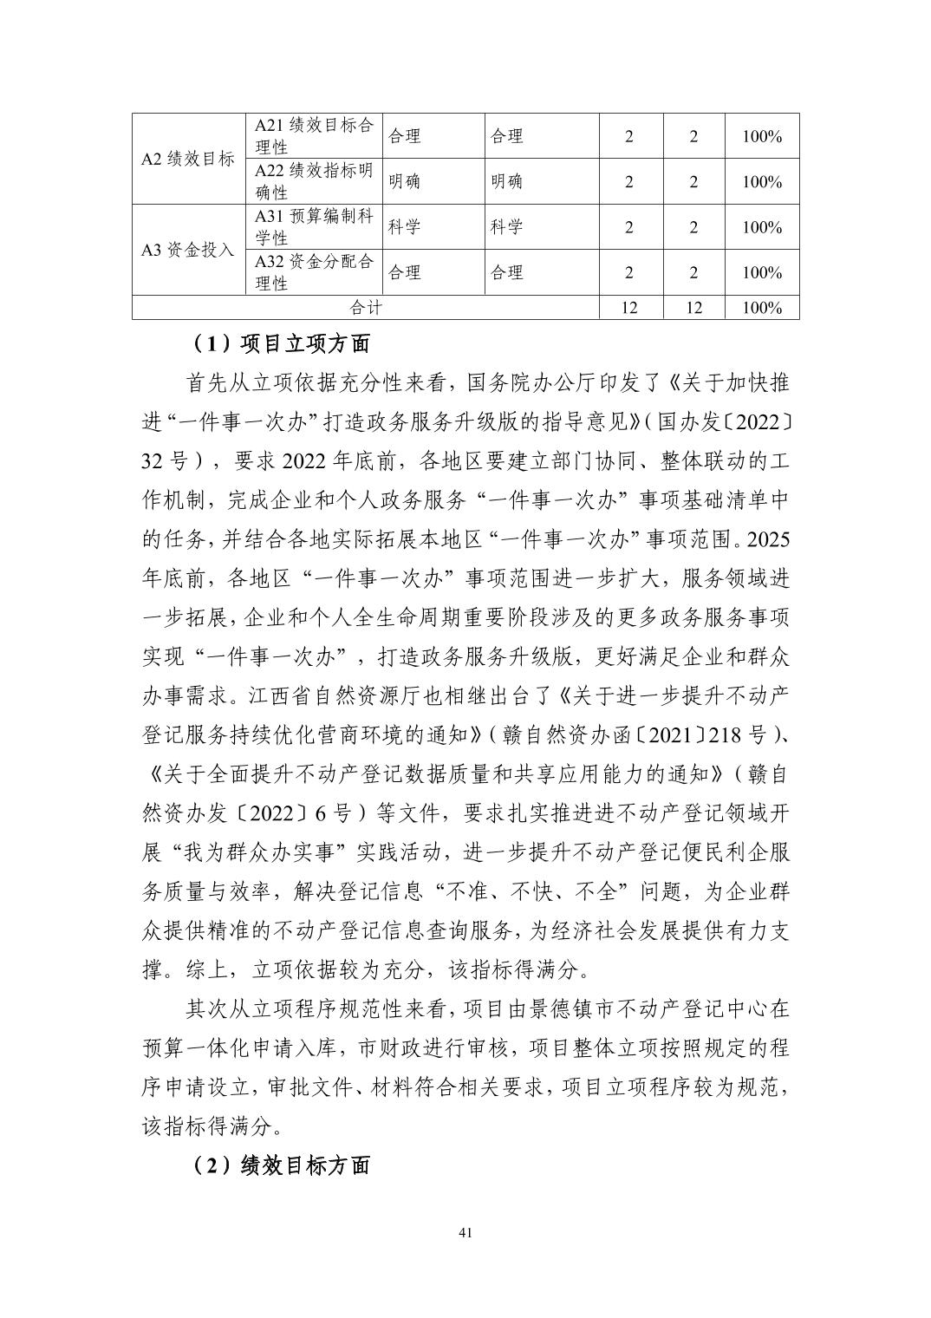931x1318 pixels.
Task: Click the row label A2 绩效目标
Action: click(x=188, y=159)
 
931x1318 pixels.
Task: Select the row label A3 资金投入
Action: click(x=188, y=250)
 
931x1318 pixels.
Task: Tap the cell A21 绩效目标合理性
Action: click(x=313, y=136)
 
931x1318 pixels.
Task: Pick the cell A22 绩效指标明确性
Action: click(x=313, y=181)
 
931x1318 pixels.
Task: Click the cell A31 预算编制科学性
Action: click(x=313, y=227)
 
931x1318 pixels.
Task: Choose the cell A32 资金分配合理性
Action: click(x=313, y=272)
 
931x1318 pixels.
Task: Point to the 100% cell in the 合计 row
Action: click(x=762, y=308)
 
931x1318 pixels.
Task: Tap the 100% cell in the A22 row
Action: click(x=762, y=182)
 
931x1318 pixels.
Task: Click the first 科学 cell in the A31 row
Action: click(x=404, y=227)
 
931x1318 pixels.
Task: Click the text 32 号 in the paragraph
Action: click(x=164, y=460)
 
